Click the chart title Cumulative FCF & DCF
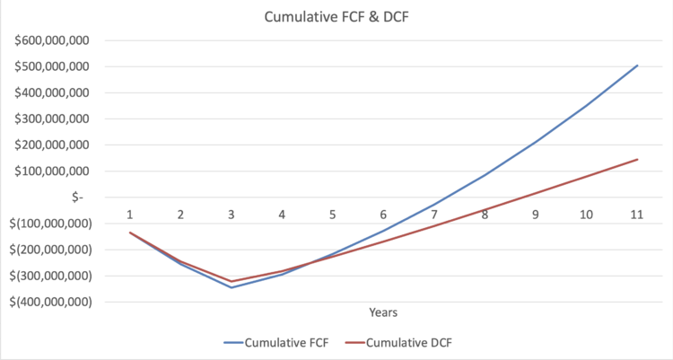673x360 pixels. click(336, 16)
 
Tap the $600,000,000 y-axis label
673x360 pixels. click(57, 40)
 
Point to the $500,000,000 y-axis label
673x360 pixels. click(57, 66)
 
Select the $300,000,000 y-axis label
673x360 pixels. click(57, 119)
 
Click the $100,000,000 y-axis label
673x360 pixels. click(57, 171)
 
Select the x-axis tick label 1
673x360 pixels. click(130, 215)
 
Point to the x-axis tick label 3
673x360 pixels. click(232, 215)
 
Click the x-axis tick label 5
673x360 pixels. click(332, 215)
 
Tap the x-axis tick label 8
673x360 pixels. click(485, 215)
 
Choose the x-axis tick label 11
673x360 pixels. click(636, 215)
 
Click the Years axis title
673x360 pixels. click(383, 312)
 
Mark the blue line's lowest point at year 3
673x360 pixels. click(232, 287)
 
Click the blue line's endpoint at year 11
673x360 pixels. click(637, 65)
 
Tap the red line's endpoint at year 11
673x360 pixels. click(637, 159)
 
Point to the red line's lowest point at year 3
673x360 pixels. click(232, 281)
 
